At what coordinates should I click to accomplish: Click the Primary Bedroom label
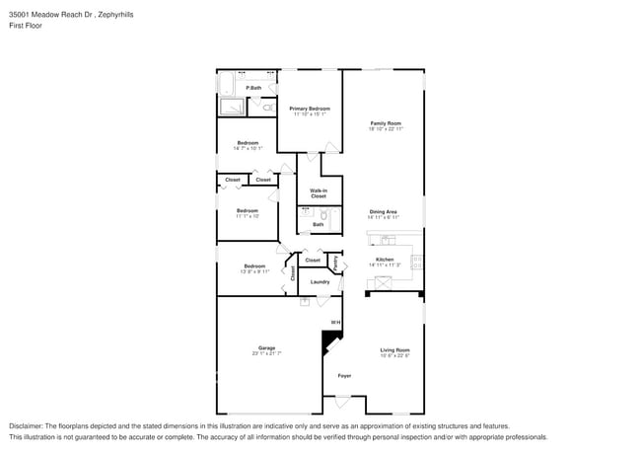point(309,108)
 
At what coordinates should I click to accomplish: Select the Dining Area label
point(383,211)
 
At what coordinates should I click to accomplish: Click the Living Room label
point(394,350)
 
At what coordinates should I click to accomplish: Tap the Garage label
point(266,347)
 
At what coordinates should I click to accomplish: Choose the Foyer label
point(344,376)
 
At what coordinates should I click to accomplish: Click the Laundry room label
point(320,282)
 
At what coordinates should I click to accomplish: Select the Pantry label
point(335,264)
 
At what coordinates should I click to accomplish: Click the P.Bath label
point(253,88)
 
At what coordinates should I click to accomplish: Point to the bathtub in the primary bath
point(224,83)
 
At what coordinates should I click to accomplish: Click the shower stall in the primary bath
point(233,108)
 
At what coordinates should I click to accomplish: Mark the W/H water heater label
point(334,323)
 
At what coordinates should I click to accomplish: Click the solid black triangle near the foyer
point(327,341)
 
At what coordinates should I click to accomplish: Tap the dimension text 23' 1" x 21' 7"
point(266,353)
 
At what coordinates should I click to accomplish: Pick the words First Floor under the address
point(26,26)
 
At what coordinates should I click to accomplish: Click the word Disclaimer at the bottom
point(28,426)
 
